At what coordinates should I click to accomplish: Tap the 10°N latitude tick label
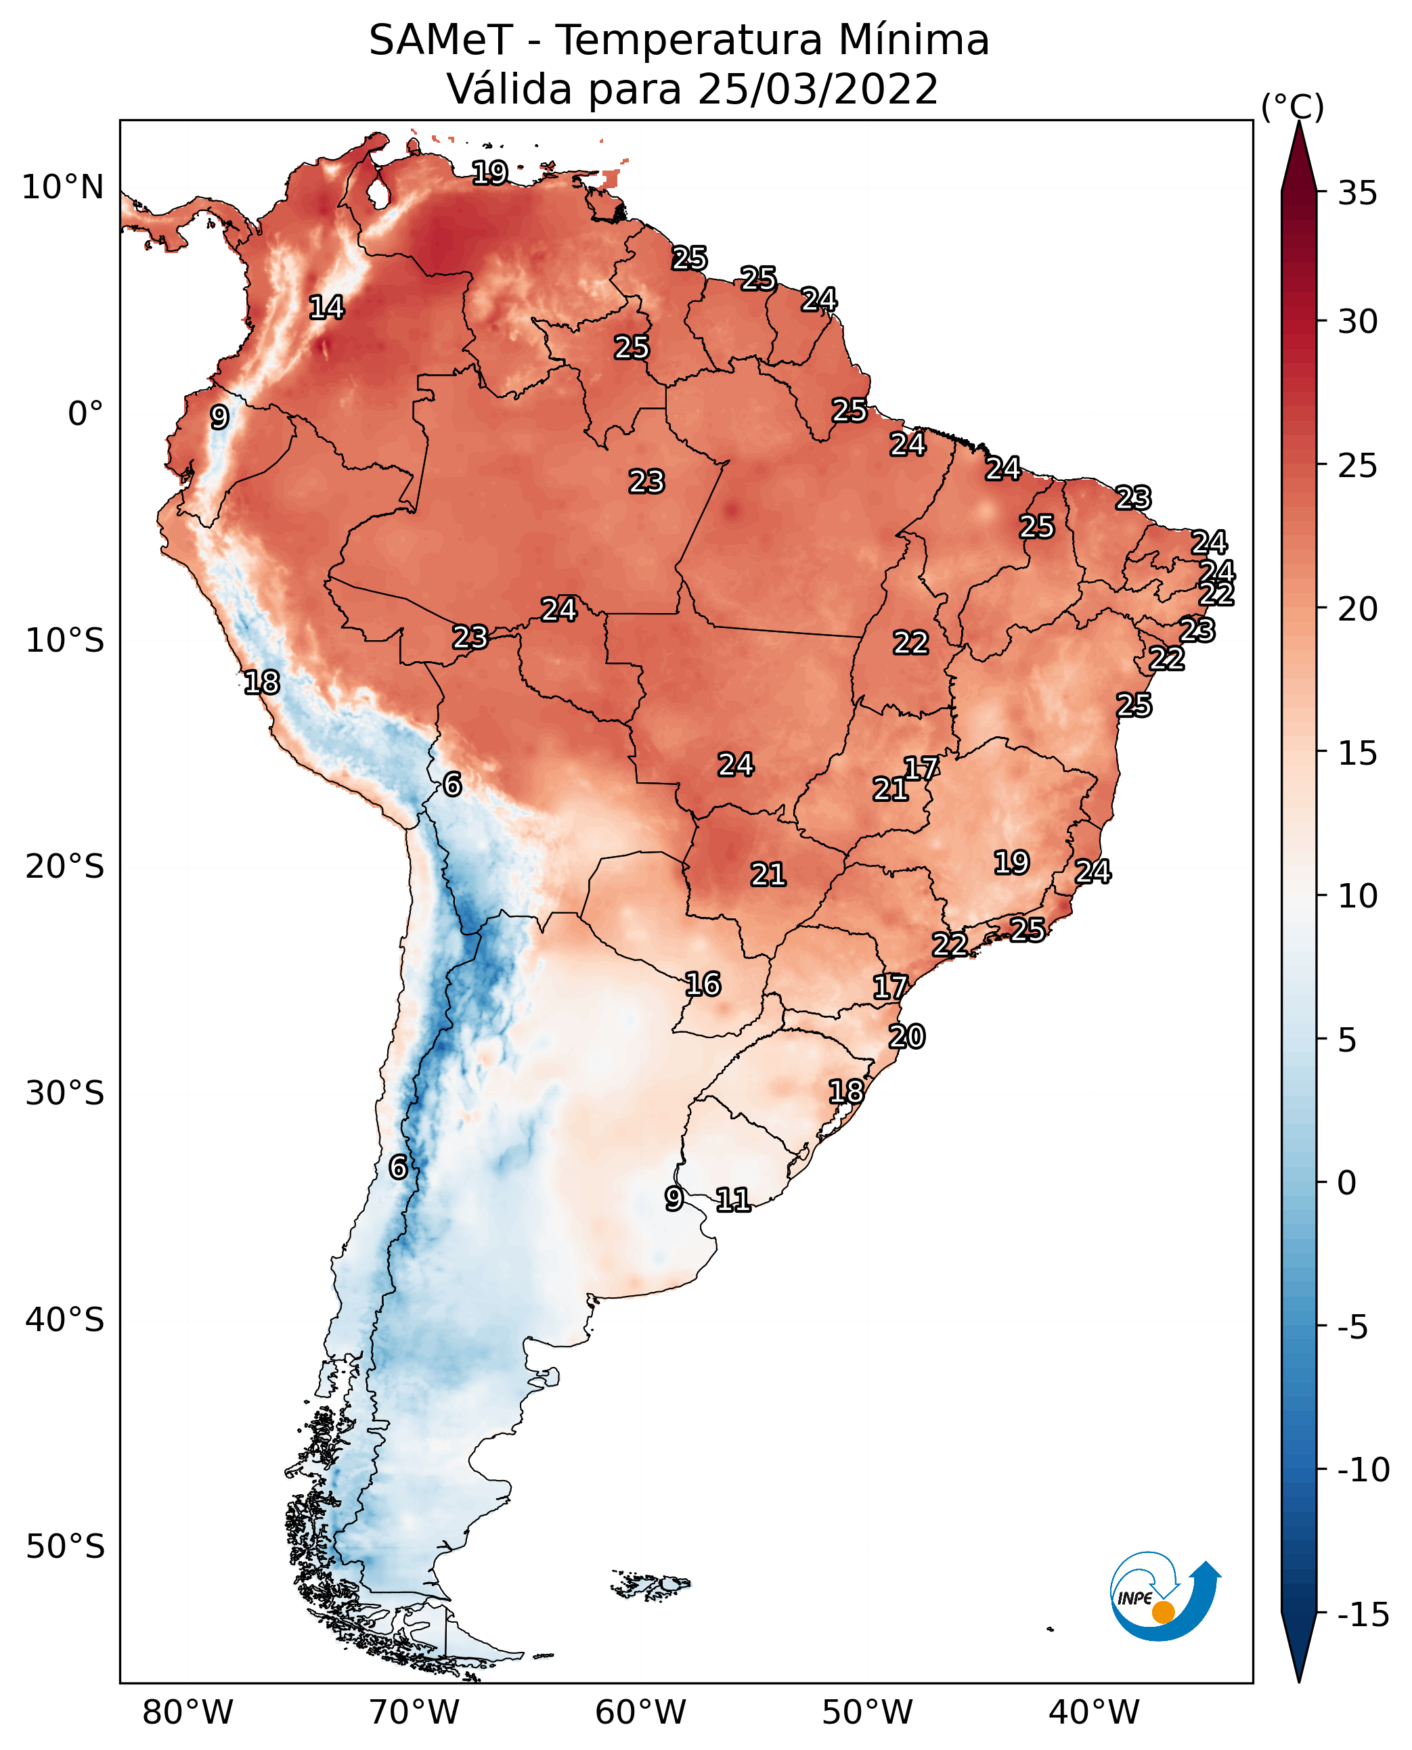click(x=63, y=188)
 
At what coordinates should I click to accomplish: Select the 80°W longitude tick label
click(x=188, y=1713)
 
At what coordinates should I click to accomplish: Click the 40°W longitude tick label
click(x=1094, y=1713)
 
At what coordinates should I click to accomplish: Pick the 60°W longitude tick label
click(x=641, y=1713)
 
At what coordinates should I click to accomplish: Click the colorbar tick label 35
click(x=1357, y=194)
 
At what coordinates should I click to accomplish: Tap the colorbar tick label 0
click(x=1347, y=1183)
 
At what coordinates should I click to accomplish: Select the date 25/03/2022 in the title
click(x=818, y=89)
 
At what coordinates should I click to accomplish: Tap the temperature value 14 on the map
click(x=327, y=307)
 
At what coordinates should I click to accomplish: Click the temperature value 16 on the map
click(x=703, y=984)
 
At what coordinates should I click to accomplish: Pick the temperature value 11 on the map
click(x=733, y=1199)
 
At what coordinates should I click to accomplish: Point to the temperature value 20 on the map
click(x=907, y=1036)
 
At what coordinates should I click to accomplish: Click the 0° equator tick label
click(x=85, y=414)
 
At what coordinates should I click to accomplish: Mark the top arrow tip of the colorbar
click(x=1299, y=122)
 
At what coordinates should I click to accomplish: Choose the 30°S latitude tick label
click(x=65, y=1094)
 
